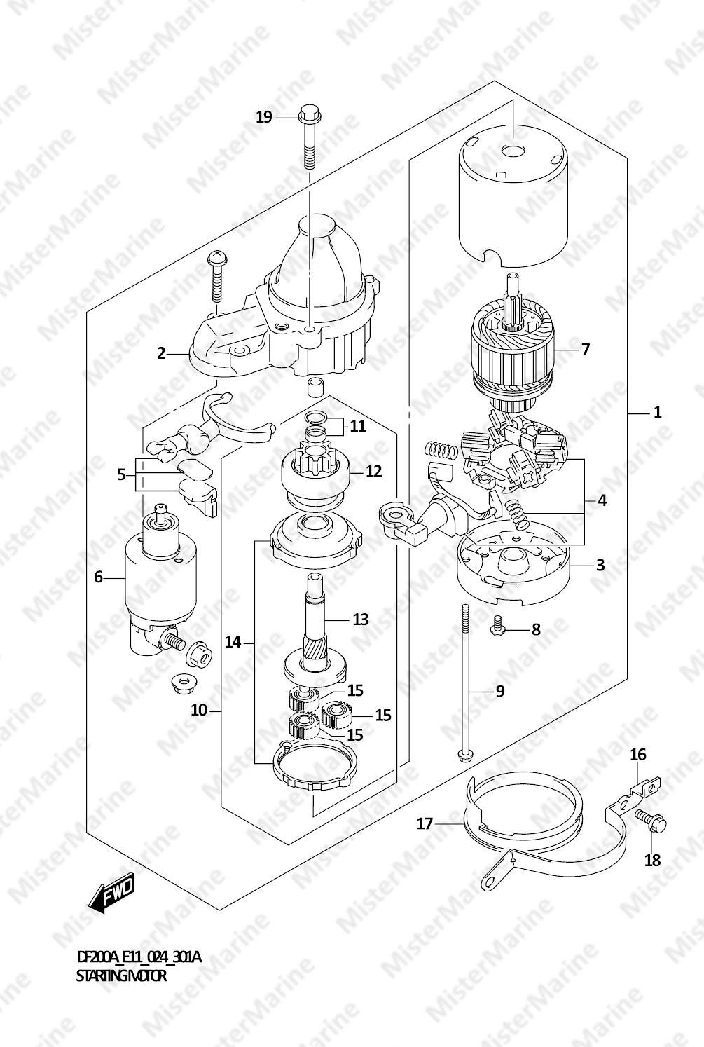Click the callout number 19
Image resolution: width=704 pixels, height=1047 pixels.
click(x=264, y=116)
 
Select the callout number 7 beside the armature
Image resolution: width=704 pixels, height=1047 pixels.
click(x=586, y=349)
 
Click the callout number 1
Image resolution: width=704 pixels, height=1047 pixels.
click(x=657, y=412)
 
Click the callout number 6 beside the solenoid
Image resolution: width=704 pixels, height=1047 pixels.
click(x=98, y=577)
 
